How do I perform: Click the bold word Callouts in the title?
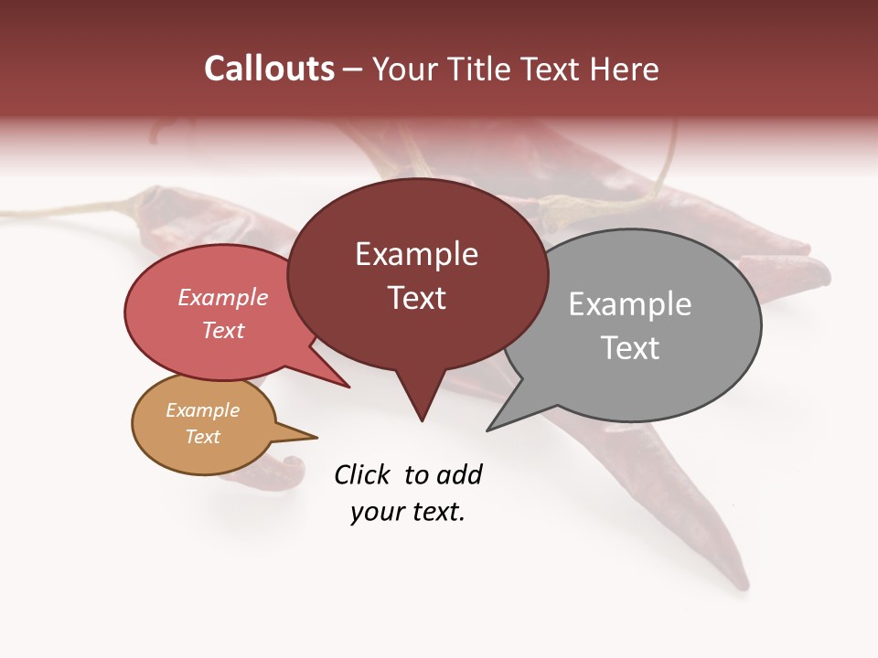[269, 69]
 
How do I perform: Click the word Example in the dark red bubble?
[416, 254]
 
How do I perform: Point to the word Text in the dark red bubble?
[416, 298]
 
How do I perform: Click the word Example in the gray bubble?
[630, 304]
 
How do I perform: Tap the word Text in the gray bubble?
[630, 348]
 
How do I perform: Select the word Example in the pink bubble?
[222, 297]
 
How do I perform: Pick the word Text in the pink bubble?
[222, 330]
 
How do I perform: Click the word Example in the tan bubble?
[202, 410]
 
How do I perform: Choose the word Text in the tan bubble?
[202, 437]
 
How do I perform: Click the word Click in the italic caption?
[363, 474]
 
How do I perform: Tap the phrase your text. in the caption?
[407, 512]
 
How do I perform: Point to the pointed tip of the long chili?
[744, 585]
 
